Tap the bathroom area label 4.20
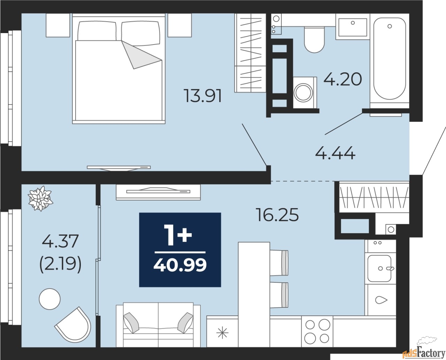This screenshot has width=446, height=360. [x=343, y=80]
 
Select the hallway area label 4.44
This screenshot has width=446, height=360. [x=335, y=153]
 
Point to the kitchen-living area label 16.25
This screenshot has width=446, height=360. [x=278, y=216]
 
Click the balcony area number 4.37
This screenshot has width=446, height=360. [x=60, y=241]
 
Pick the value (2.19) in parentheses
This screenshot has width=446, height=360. [x=60, y=266]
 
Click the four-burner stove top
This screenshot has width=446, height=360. [x=317, y=331]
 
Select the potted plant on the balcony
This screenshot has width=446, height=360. [x=41, y=198]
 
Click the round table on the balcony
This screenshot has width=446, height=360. [x=50, y=299]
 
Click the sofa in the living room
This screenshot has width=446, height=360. [x=158, y=324]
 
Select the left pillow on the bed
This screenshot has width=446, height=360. [x=97, y=31]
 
